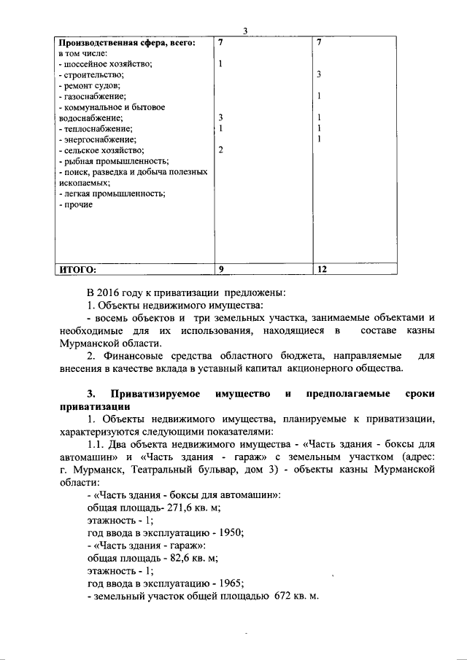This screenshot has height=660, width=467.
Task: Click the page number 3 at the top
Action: point(246,31)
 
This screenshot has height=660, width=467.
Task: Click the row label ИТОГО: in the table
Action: point(77,269)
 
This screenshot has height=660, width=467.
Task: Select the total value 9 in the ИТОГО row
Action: point(220,269)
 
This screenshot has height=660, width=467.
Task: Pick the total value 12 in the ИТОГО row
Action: point(322,269)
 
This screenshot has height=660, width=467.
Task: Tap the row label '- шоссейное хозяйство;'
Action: point(105,64)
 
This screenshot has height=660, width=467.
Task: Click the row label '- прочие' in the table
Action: point(75,205)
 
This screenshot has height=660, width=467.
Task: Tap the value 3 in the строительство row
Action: point(320,75)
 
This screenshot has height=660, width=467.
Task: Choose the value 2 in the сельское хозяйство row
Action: point(220,150)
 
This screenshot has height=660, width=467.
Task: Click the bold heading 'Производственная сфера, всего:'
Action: point(127,43)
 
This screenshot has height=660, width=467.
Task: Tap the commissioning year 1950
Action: point(230,532)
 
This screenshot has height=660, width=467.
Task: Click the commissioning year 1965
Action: point(230,583)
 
